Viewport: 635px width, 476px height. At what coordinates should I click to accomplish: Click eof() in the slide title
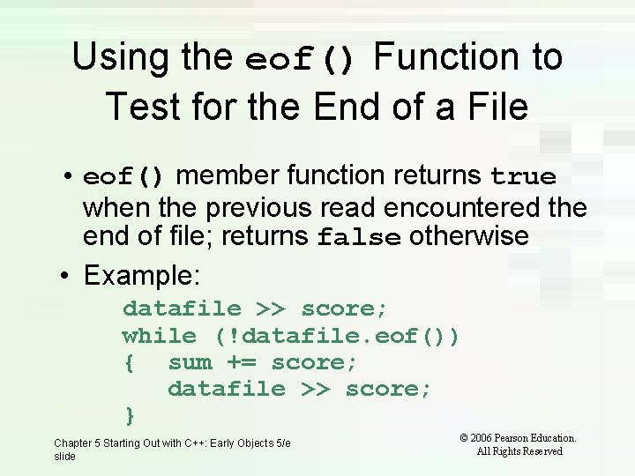tap(301, 60)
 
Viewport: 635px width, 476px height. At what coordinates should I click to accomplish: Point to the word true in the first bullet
tap(523, 177)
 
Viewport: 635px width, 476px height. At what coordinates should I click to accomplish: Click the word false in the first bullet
tap(359, 238)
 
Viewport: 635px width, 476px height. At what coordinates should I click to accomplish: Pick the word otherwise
tap(469, 236)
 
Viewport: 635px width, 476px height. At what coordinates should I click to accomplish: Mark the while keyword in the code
tap(159, 336)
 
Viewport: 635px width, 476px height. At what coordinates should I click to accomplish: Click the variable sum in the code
tap(190, 362)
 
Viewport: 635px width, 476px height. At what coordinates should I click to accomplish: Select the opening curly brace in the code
tap(129, 363)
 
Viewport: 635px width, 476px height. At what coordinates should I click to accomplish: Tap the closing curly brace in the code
tap(129, 414)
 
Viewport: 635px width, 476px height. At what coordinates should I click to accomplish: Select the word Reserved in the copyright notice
tap(542, 451)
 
